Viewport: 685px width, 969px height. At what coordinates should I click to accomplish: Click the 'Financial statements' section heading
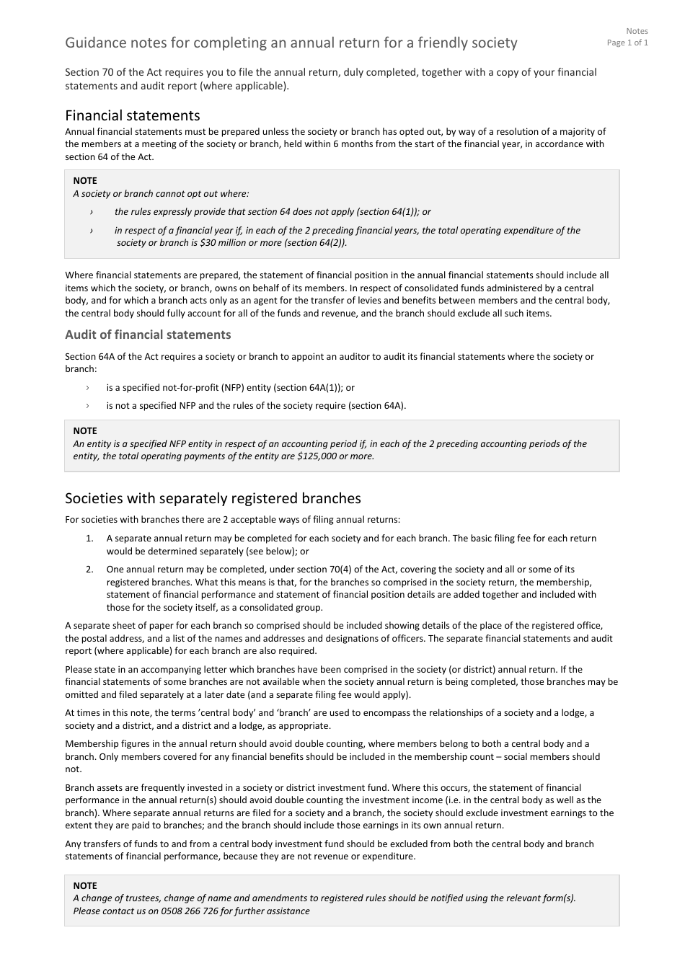pyautogui.click(x=132, y=115)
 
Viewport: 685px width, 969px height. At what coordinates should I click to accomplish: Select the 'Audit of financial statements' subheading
pyautogui.click(x=148, y=335)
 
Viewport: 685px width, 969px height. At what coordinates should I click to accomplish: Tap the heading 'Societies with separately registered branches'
pyautogui.click(x=213, y=498)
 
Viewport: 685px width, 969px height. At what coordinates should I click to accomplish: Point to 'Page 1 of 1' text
pyautogui.click(x=627, y=43)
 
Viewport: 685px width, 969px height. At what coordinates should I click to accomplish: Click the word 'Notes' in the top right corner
pyautogui.click(x=637, y=31)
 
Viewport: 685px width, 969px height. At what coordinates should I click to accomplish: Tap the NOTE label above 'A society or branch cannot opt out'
pyautogui.click(x=85, y=181)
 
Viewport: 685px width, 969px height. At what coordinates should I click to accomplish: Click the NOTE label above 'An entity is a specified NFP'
pyautogui.click(x=85, y=431)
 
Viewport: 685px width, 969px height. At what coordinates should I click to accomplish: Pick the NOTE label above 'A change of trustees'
pyautogui.click(x=85, y=886)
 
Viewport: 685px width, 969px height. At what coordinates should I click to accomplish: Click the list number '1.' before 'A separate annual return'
pyautogui.click(x=89, y=539)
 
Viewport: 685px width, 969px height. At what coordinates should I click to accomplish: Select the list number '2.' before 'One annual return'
pyautogui.click(x=89, y=570)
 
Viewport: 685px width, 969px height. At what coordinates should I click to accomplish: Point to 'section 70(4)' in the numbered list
pyautogui.click(x=324, y=570)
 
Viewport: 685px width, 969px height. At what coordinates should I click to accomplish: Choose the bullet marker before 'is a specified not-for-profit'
pyautogui.click(x=88, y=388)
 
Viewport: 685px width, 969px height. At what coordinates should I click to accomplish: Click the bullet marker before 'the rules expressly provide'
pyautogui.click(x=92, y=212)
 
